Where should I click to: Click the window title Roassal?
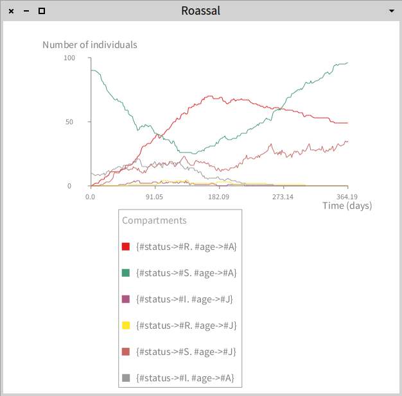click(x=200, y=11)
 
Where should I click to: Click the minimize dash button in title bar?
click(x=26, y=12)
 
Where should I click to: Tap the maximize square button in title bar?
click(x=42, y=12)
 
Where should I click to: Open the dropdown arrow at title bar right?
click(x=391, y=12)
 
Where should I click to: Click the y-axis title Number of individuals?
click(x=90, y=45)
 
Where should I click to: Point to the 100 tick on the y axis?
click(x=69, y=58)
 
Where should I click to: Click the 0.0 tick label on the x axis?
click(x=91, y=197)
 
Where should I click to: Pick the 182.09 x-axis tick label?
click(x=218, y=197)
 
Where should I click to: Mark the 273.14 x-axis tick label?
click(x=283, y=197)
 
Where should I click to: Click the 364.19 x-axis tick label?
click(x=347, y=197)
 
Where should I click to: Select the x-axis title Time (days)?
click(x=347, y=206)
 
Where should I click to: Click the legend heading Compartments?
click(x=154, y=220)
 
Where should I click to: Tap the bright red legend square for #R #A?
click(x=126, y=247)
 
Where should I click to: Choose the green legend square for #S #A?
click(x=126, y=273)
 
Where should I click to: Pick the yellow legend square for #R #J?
click(x=126, y=326)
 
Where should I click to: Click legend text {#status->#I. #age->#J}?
click(x=185, y=299)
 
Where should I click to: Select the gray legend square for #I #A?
click(x=126, y=378)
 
